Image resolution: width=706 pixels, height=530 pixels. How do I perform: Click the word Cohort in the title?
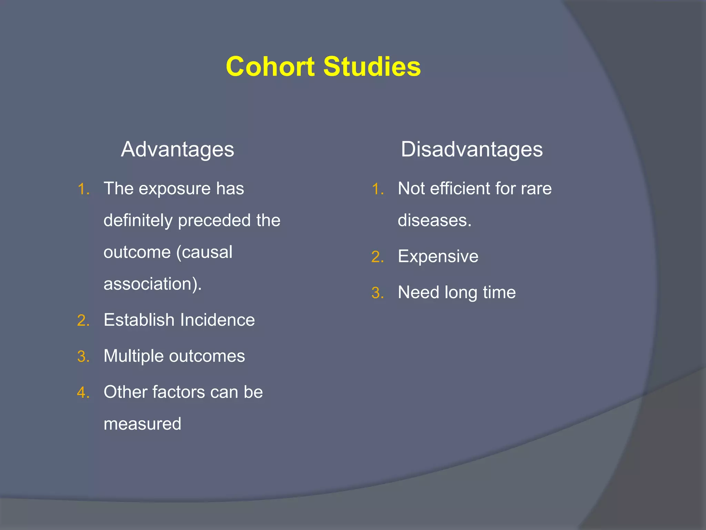pos(270,66)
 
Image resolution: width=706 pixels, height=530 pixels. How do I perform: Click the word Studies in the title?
pos(372,66)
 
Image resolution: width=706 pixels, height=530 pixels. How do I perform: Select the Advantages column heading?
pos(177,150)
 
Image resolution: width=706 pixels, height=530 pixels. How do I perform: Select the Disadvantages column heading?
pos(472,150)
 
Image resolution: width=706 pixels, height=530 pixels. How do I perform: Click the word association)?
pos(152,284)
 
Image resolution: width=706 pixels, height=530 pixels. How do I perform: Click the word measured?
pos(142,424)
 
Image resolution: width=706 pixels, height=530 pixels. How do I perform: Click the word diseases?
pos(434,220)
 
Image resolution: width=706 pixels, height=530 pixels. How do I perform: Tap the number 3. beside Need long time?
pos(377,293)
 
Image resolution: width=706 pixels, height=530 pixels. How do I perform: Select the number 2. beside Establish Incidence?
pos(83,321)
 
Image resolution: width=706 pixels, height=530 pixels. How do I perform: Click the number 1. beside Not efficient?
pos(377,189)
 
